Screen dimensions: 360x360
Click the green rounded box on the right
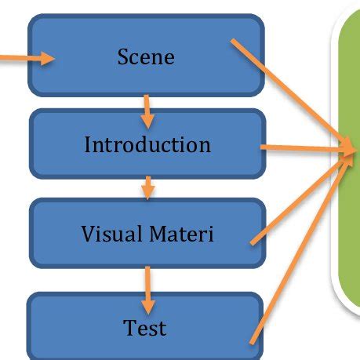pyautogui.click(x=348, y=157)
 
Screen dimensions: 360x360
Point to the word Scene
pyautogui.click(x=147, y=56)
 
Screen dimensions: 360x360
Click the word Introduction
pyautogui.click(x=147, y=145)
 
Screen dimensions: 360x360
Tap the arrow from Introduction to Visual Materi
pyautogui.click(x=147, y=187)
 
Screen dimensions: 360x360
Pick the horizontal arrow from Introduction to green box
pyautogui.click(x=302, y=147)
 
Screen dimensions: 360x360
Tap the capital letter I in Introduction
pyautogui.click(x=87, y=145)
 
